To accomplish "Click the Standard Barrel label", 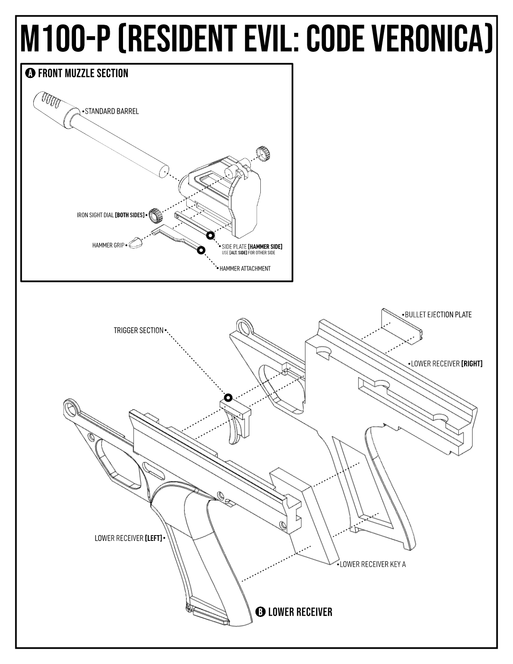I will coord(112,111).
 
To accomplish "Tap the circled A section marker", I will coord(30,73).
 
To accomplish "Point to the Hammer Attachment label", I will coord(245,269).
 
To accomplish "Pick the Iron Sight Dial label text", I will coord(110,215).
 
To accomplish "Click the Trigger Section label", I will coord(138,330).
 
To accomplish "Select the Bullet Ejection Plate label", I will coord(438,315).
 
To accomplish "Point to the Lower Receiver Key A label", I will coord(373,565).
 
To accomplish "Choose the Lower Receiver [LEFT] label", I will coord(128,539).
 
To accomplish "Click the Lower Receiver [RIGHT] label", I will coord(446,364).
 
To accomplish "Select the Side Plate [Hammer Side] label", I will coord(252,247).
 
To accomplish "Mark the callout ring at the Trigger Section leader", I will coord(228,397).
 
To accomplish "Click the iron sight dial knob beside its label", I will coord(155,215).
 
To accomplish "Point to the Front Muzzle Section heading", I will coord(83,73).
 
